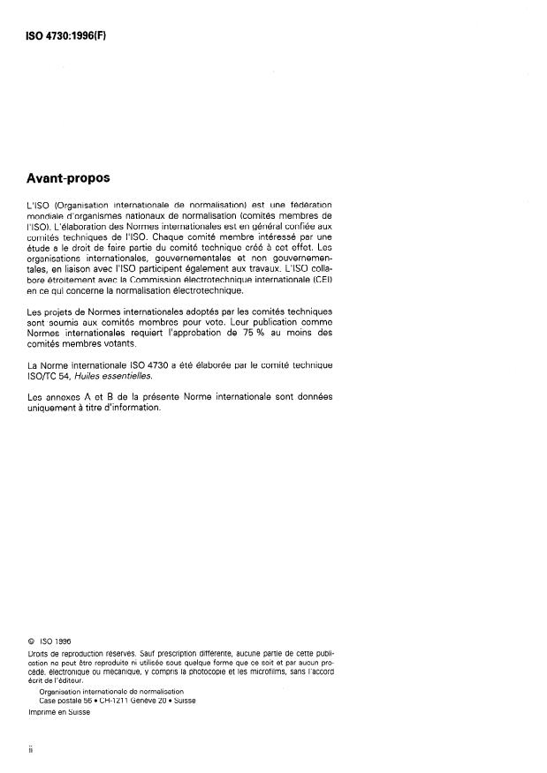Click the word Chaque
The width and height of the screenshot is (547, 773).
pyautogui.click(x=174, y=236)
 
